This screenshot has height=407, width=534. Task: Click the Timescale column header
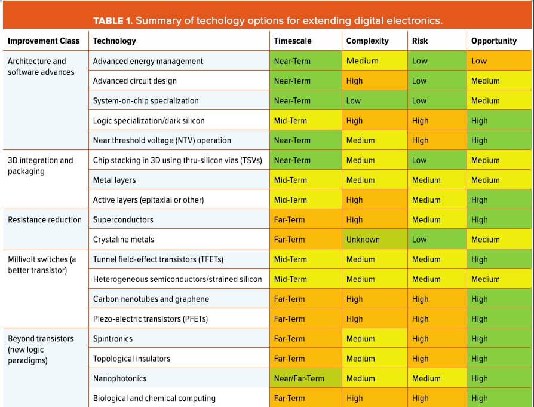292,41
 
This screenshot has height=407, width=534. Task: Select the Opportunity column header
493,41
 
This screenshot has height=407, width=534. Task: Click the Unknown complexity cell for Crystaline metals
363,240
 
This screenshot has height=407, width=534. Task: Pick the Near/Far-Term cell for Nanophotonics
299,378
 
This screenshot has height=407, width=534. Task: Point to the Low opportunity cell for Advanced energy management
479,61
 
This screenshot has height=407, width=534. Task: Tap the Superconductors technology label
123,220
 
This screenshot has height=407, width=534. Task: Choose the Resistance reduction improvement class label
45,220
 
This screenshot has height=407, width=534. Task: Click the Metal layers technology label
114,180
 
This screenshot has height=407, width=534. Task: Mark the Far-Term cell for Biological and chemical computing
289,398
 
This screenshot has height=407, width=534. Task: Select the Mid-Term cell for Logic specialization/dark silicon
290,121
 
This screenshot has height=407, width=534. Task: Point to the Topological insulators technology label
131,359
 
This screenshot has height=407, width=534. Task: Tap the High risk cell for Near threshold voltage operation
420,140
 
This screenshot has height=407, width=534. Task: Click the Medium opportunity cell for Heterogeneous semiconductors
485,279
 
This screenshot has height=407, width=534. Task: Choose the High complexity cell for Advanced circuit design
354,81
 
